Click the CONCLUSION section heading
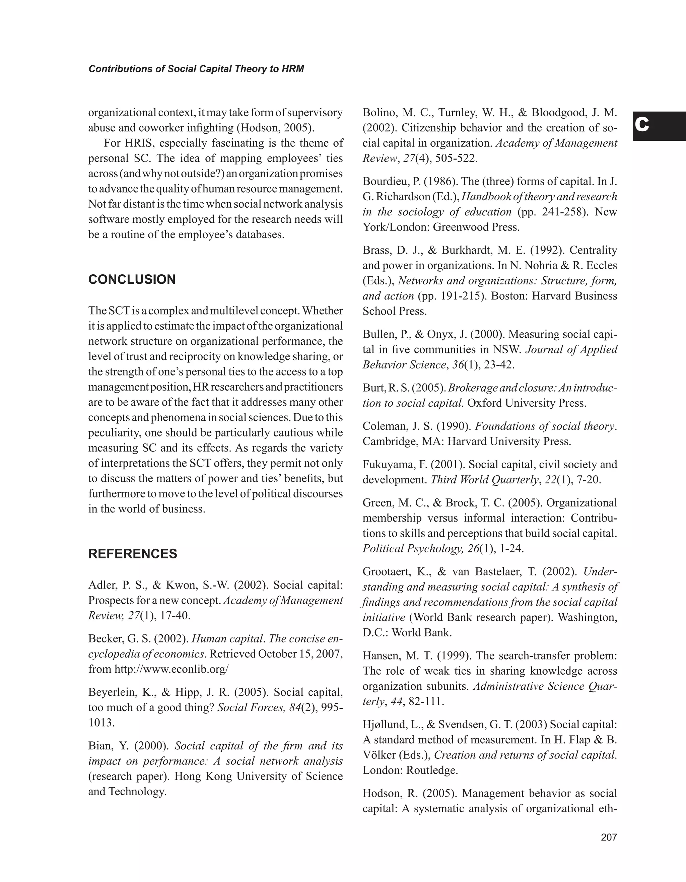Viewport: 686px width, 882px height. tap(132, 279)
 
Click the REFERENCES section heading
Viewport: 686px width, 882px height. tap(132, 554)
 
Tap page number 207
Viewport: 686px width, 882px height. tap(609, 837)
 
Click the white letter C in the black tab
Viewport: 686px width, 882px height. tap(642, 126)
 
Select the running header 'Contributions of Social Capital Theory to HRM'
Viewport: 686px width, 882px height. tap(196, 69)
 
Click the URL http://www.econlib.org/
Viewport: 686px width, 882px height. tap(171, 669)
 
